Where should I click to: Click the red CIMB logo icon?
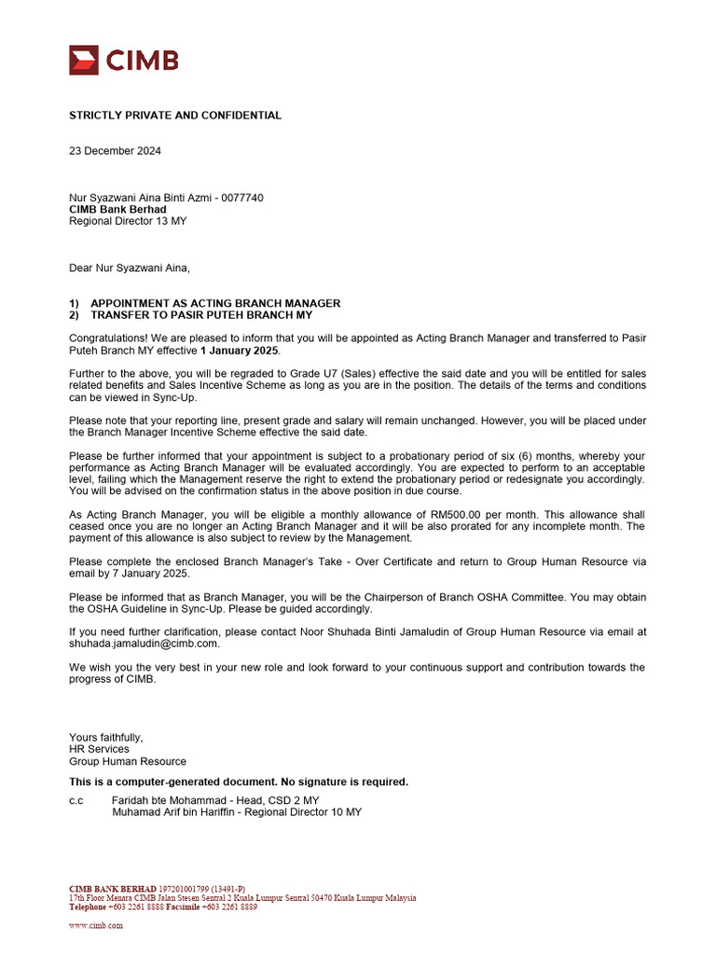(84, 61)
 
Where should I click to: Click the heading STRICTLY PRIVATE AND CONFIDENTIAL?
(175, 116)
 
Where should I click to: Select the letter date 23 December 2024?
(115, 150)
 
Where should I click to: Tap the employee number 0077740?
(242, 198)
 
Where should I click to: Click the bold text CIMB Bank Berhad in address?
(117, 209)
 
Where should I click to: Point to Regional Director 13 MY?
(128, 221)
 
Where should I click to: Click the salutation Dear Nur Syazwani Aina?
(130, 269)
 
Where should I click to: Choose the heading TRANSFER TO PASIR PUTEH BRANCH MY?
(201, 315)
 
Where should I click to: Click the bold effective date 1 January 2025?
(239, 351)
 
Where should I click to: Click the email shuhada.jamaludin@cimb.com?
(145, 644)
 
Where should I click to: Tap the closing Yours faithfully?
(106, 737)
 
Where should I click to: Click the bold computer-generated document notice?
(239, 782)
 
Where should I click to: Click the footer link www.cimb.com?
(96, 926)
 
